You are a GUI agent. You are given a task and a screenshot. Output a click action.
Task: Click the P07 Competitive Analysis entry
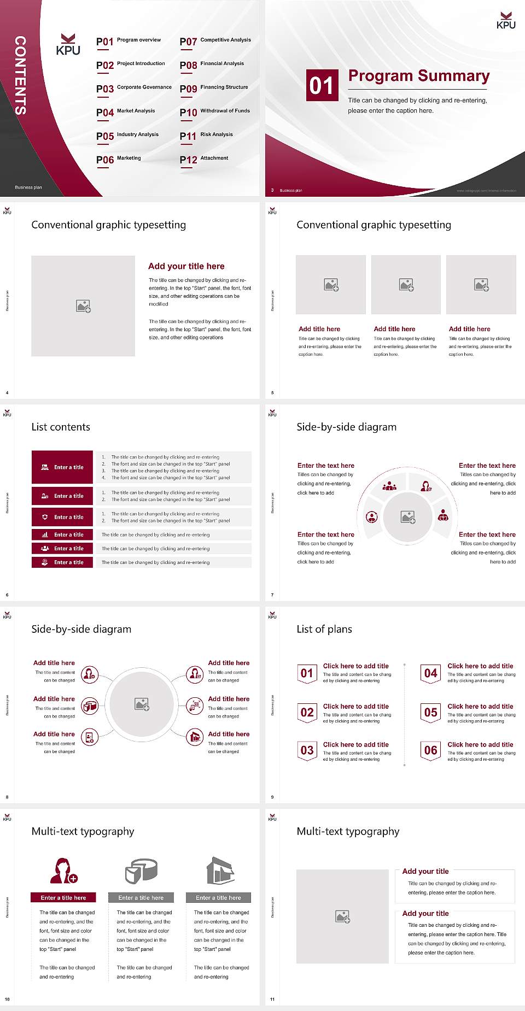pyautogui.click(x=215, y=41)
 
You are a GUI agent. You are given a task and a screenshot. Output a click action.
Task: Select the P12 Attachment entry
pyautogui.click(x=203, y=159)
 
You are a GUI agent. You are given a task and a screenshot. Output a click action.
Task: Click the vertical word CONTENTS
pyautogui.click(x=20, y=75)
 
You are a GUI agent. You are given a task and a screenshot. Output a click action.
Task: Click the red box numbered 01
pyautogui.click(x=322, y=85)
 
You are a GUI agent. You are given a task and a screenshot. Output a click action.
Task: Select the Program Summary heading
pyautogui.click(x=418, y=76)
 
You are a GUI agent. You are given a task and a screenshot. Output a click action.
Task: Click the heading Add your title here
pyautogui.click(x=186, y=266)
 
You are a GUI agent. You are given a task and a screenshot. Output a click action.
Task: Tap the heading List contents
pyautogui.click(x=61, y=427)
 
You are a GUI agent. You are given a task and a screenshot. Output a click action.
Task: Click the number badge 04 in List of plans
pyautogui.click(x=430, y=673)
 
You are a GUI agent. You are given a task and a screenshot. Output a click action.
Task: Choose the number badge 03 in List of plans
pyautogui.click(x=307, y=750)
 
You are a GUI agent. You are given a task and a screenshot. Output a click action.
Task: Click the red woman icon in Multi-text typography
pyautogui.click(x=63, y=871)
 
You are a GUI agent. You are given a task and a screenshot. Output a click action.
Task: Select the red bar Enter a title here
pyautogui.click(x=63, y=897)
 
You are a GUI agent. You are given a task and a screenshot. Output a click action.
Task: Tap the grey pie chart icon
pyautogui.click(x=141, y=871)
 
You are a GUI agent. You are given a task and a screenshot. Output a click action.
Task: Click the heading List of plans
pyautogui.click(x=324, y=629)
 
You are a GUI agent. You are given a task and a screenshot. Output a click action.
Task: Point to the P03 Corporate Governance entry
pyautogui.click(x=134, y=88)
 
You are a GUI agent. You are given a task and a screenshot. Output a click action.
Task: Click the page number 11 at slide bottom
pyautogui.click(x=272, y=1000)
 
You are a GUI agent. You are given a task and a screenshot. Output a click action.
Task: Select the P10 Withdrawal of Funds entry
pyautogui.click(x=215, y=112)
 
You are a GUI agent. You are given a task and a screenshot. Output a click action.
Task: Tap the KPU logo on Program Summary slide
pyautogui.click(x=506, y=20)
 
